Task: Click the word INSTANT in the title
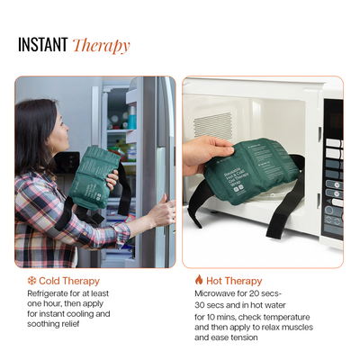point(42,46)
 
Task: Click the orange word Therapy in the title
point(101,46)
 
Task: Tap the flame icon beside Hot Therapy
point(199,280)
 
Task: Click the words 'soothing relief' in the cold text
point(58,325)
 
